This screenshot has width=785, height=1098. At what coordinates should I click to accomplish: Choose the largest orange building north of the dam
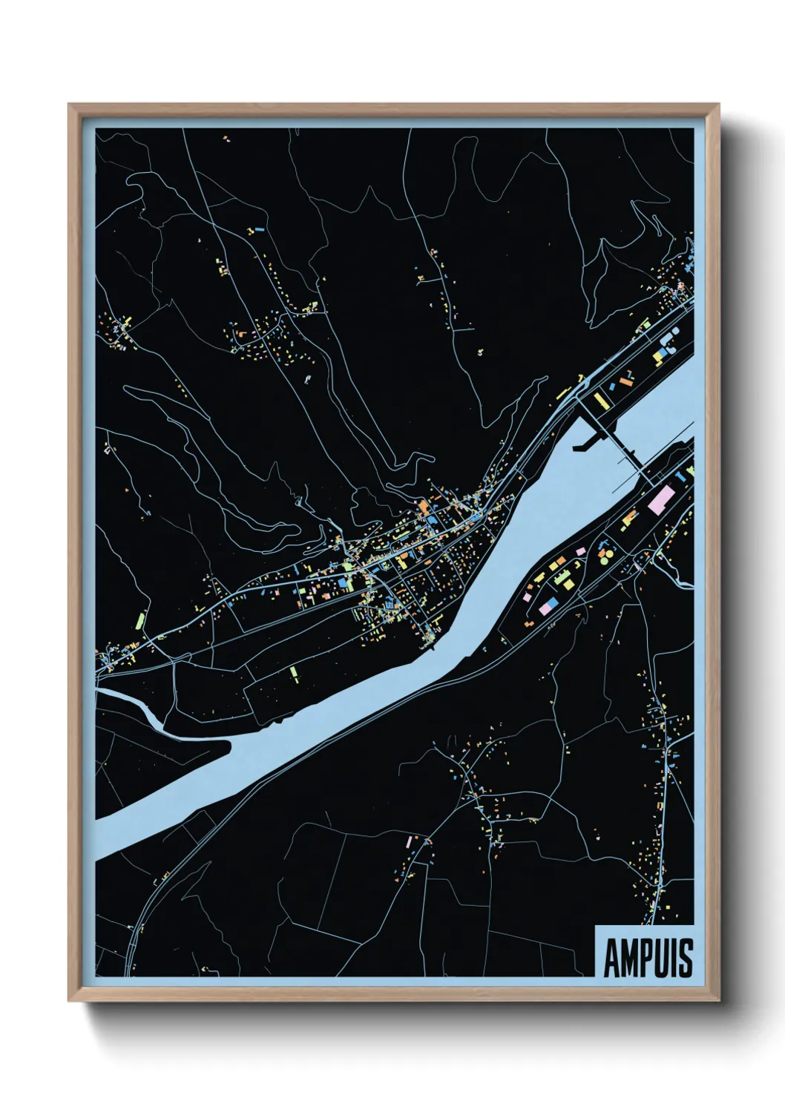pos(625,381)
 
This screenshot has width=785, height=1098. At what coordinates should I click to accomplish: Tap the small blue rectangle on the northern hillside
pos(259,231)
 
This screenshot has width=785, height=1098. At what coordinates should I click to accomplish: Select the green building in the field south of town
pos(294,672)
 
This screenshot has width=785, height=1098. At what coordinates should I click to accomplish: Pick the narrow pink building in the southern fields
pos(409,841)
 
